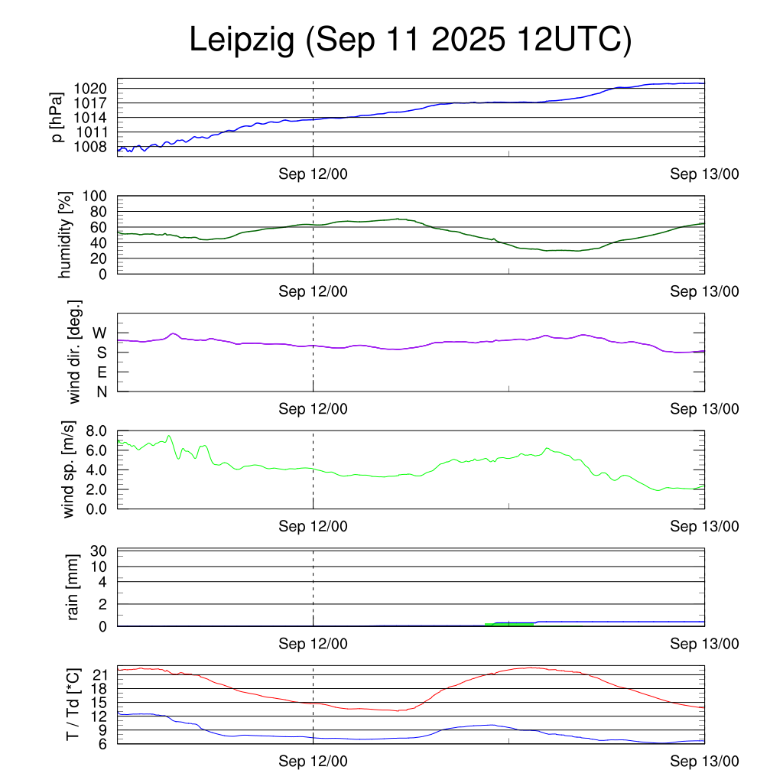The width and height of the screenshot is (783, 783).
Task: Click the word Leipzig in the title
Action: tap(242, 41)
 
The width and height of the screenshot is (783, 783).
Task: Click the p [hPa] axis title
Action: tap(57, 117)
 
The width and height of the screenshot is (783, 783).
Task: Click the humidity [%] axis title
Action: tap(65, 234)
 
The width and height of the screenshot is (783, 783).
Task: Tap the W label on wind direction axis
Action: tap(99, 333)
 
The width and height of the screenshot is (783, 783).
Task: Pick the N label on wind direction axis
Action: tap(101, 391)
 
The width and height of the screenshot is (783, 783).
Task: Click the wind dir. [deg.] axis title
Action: tap(74, 352)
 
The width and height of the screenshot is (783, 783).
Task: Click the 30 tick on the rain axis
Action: tap(99, 551)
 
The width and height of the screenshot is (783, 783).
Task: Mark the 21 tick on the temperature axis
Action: tap(99, 674)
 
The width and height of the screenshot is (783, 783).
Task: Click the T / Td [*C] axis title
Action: tap(73, 703)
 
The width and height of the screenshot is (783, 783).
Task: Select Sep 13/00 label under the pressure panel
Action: tap(704, 174)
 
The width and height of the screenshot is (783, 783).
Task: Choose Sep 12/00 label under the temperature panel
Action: tap(313, 761)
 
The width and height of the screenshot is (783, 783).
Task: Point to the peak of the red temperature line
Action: tap(532, 668)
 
